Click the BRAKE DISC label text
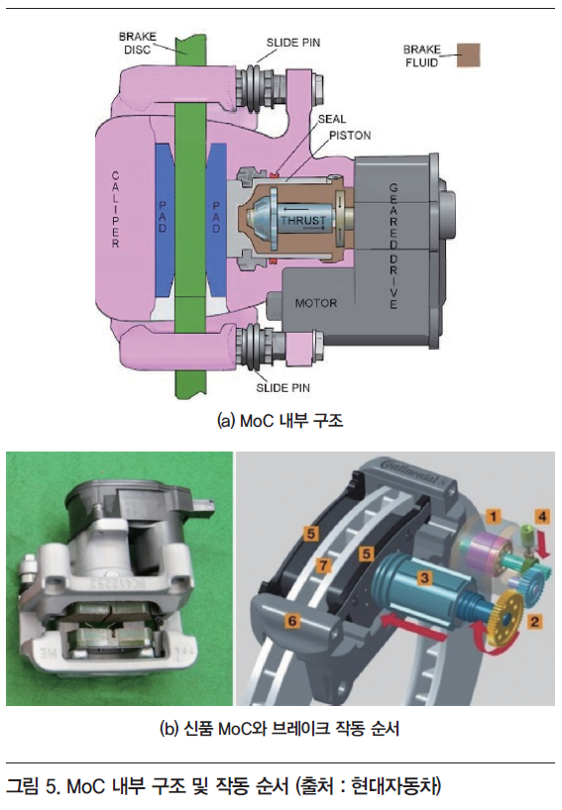click(x=137, y=44)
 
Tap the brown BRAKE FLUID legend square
click(x=469, y=55)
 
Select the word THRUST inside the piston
click(x=303, y=220)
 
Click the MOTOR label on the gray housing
click(x=316, y=303)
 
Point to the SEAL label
click(x=332, y=120)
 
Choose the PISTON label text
click(x=350, y=136)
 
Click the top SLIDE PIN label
click(x=293, y=43)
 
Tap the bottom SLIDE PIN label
click(x=282, y=388)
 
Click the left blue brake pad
click(x=164, y=221)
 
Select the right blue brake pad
click(x=217, y=221)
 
